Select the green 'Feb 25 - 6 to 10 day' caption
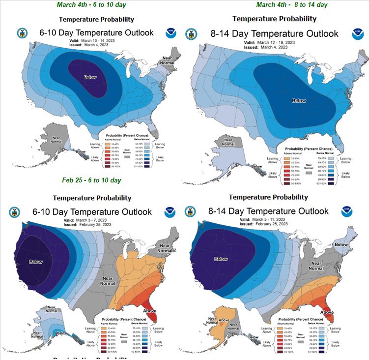pos(91,180)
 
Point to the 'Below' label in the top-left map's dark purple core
pos(90,77)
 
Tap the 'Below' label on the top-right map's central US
pos(299,100)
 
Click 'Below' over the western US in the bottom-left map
pos(36,262)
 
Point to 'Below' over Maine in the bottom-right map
pos(341,244)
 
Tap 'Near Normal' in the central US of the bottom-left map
pos(108,282)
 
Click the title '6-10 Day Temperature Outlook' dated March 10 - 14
pos(97,33)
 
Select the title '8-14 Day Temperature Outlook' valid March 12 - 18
pos(275,34)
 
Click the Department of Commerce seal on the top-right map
pos(191,34)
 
